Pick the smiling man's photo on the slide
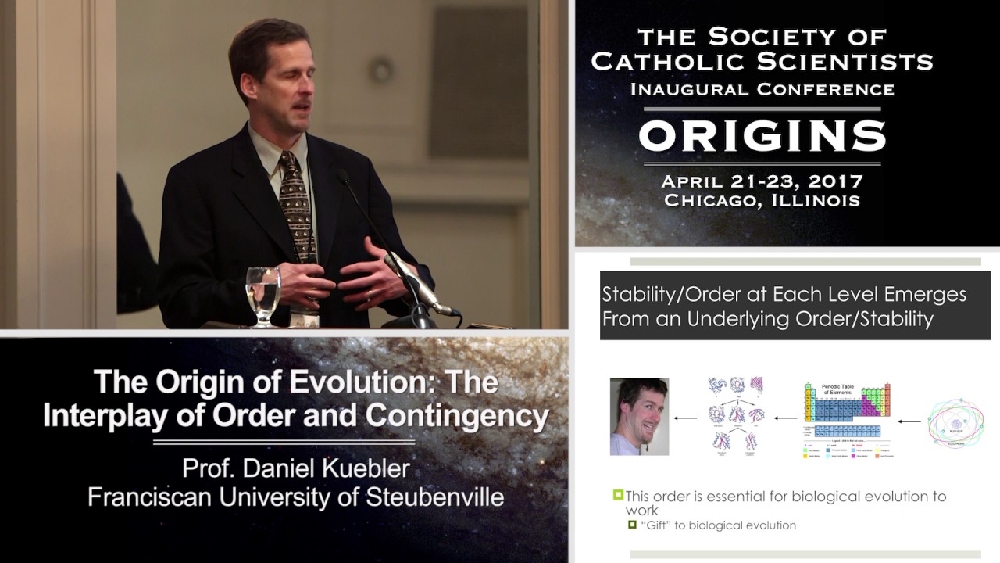click(639, 417)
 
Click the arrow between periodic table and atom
click(909, 421)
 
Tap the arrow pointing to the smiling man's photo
click(685, 418)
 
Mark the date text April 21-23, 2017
click(762, 181)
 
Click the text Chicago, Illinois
click(762, 200)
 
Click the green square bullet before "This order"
click(618, 495)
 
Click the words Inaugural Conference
click(762, 88)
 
